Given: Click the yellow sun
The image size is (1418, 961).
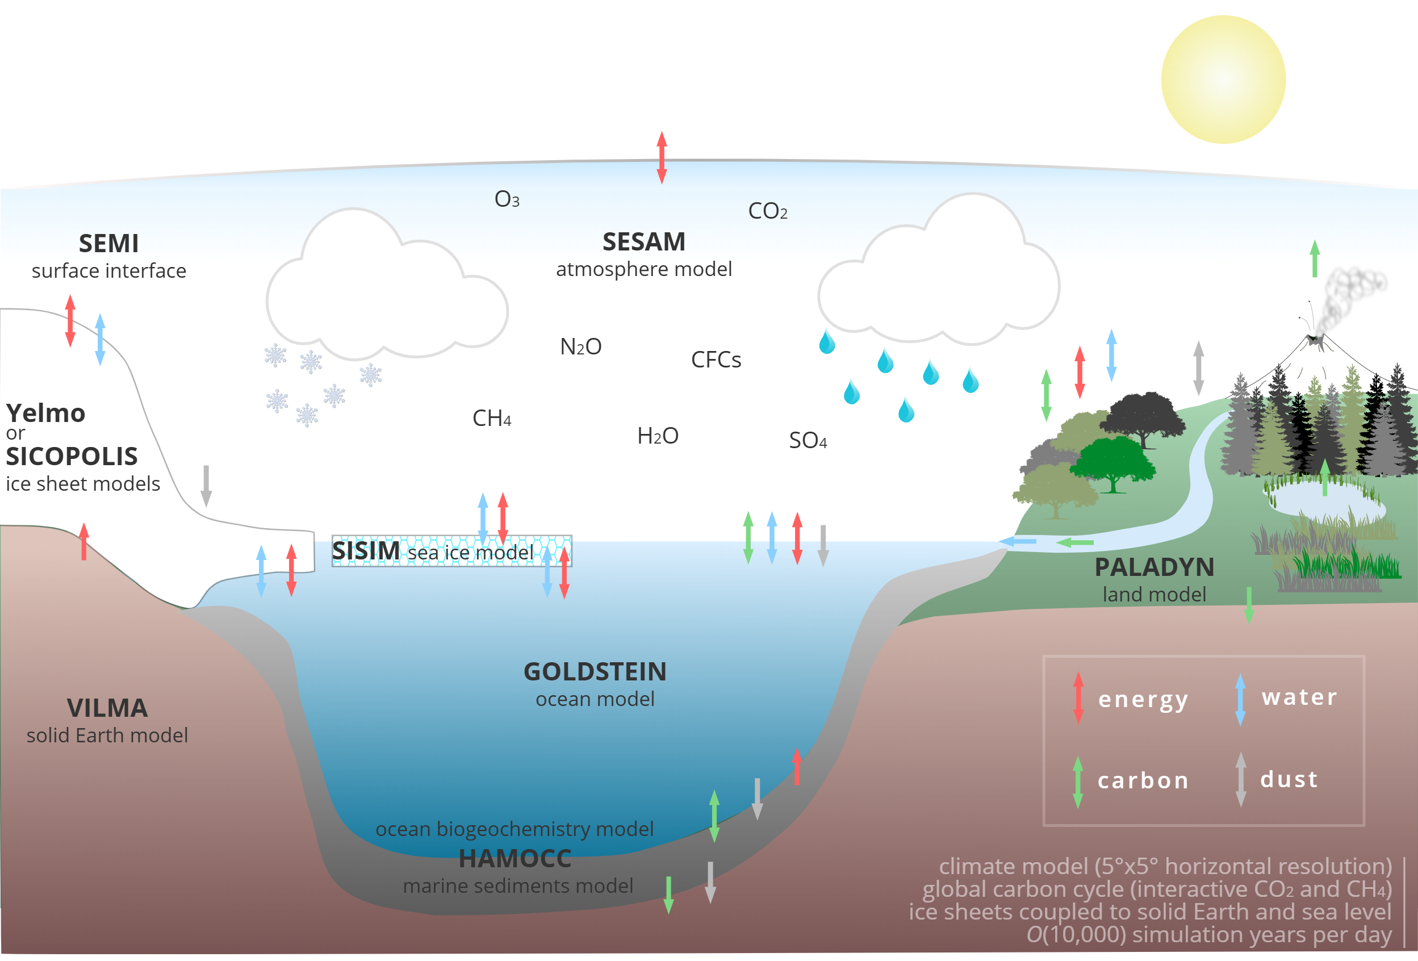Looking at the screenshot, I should [x=1223, y=80].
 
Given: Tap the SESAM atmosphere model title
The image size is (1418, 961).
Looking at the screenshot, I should [x=644, y=242].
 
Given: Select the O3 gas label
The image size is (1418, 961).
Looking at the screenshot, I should [x=507, y=199].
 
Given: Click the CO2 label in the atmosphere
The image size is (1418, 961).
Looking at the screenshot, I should [x=768, y=211].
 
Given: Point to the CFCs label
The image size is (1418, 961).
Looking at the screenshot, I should [x=716, y=360].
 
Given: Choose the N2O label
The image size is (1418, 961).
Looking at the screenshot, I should [x=581, y=346].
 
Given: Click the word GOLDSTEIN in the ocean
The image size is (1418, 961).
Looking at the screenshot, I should [x=595, y=672].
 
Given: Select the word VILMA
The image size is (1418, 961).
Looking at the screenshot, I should [x=107, y=708].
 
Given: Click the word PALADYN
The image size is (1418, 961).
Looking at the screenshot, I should [x=1154, y=567].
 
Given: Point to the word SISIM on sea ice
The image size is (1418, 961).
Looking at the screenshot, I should [x=366, y=551].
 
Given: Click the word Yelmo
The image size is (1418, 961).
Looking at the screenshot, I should [x=46, y=413].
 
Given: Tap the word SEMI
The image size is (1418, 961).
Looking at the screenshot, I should [x=108, y=244].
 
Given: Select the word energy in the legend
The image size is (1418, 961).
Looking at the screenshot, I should [x=1143, y=699].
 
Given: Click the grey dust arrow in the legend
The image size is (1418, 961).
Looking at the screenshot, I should [x=1240, y=779].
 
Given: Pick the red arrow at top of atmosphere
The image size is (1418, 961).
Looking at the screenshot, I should [x=662, y=157].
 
